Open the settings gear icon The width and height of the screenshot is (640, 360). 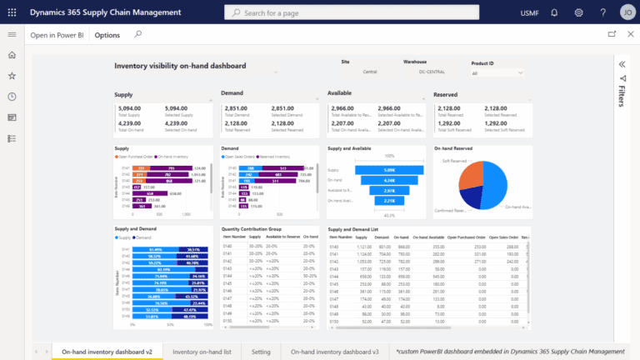(578, 12)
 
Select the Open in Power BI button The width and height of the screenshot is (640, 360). (57, 35)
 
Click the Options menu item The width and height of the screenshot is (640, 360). (107, 35)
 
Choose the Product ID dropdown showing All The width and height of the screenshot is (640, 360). (497, 72)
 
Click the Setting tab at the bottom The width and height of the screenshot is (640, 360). (262, 352)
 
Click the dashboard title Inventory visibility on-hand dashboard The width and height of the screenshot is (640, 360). (180, 65)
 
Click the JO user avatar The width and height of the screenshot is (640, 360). (625, 12)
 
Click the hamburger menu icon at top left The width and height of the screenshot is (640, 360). (12, 35)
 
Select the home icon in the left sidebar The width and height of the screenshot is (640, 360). (12, 55)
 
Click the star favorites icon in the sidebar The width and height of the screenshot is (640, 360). (12, 76)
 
